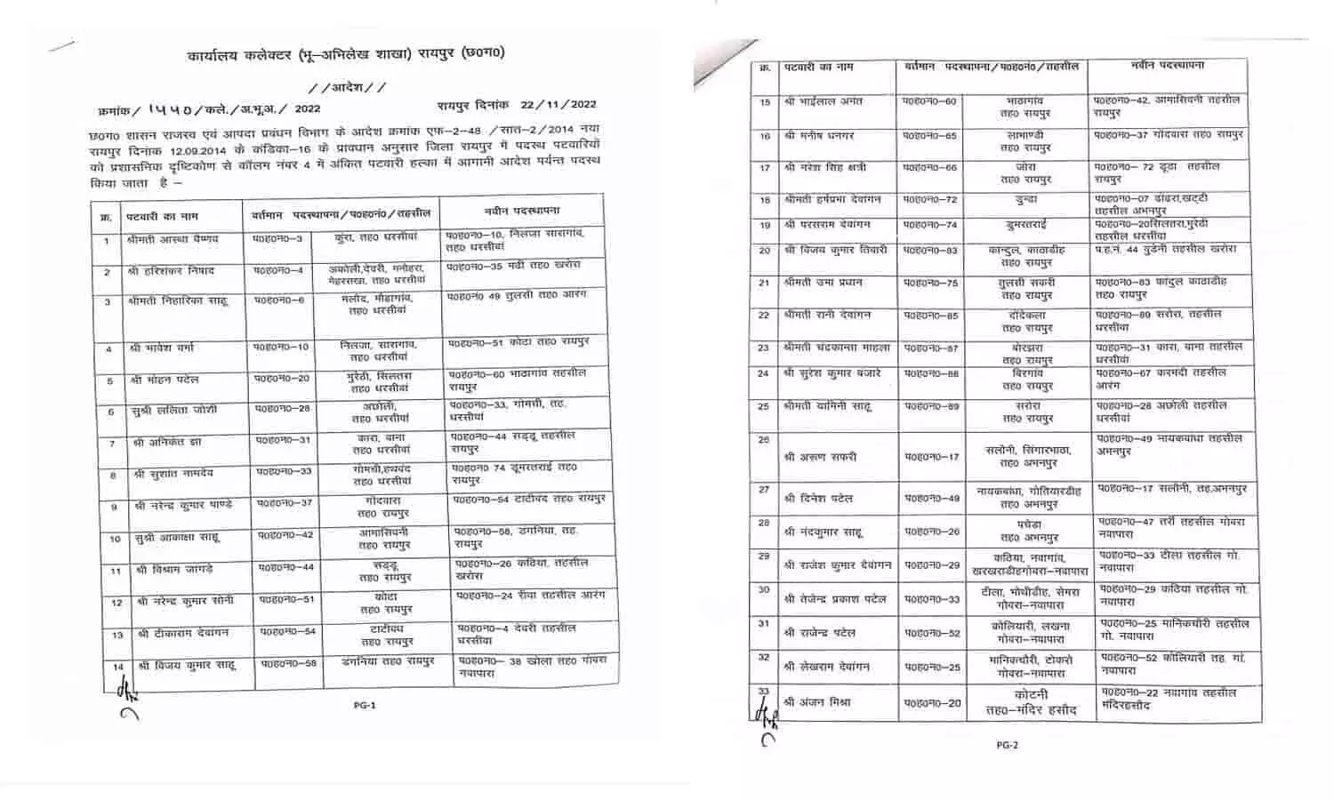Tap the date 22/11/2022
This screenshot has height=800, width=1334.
(559, 104)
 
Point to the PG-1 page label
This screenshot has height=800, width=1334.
(365, 705)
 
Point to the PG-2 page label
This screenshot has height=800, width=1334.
(1006, 745)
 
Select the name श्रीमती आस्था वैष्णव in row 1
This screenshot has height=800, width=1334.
(173, 240)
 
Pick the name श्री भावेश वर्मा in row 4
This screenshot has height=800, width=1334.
(169, 348)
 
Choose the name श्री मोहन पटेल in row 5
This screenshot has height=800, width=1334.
(165, 380)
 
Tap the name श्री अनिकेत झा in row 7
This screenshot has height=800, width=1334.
(168, 443)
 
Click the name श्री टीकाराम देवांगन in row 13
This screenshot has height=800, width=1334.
(183, 634)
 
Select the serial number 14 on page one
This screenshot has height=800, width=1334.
(117, 666)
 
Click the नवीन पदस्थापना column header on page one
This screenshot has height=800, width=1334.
(522, 212)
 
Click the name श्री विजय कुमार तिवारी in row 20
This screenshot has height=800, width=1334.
(835, 251)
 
